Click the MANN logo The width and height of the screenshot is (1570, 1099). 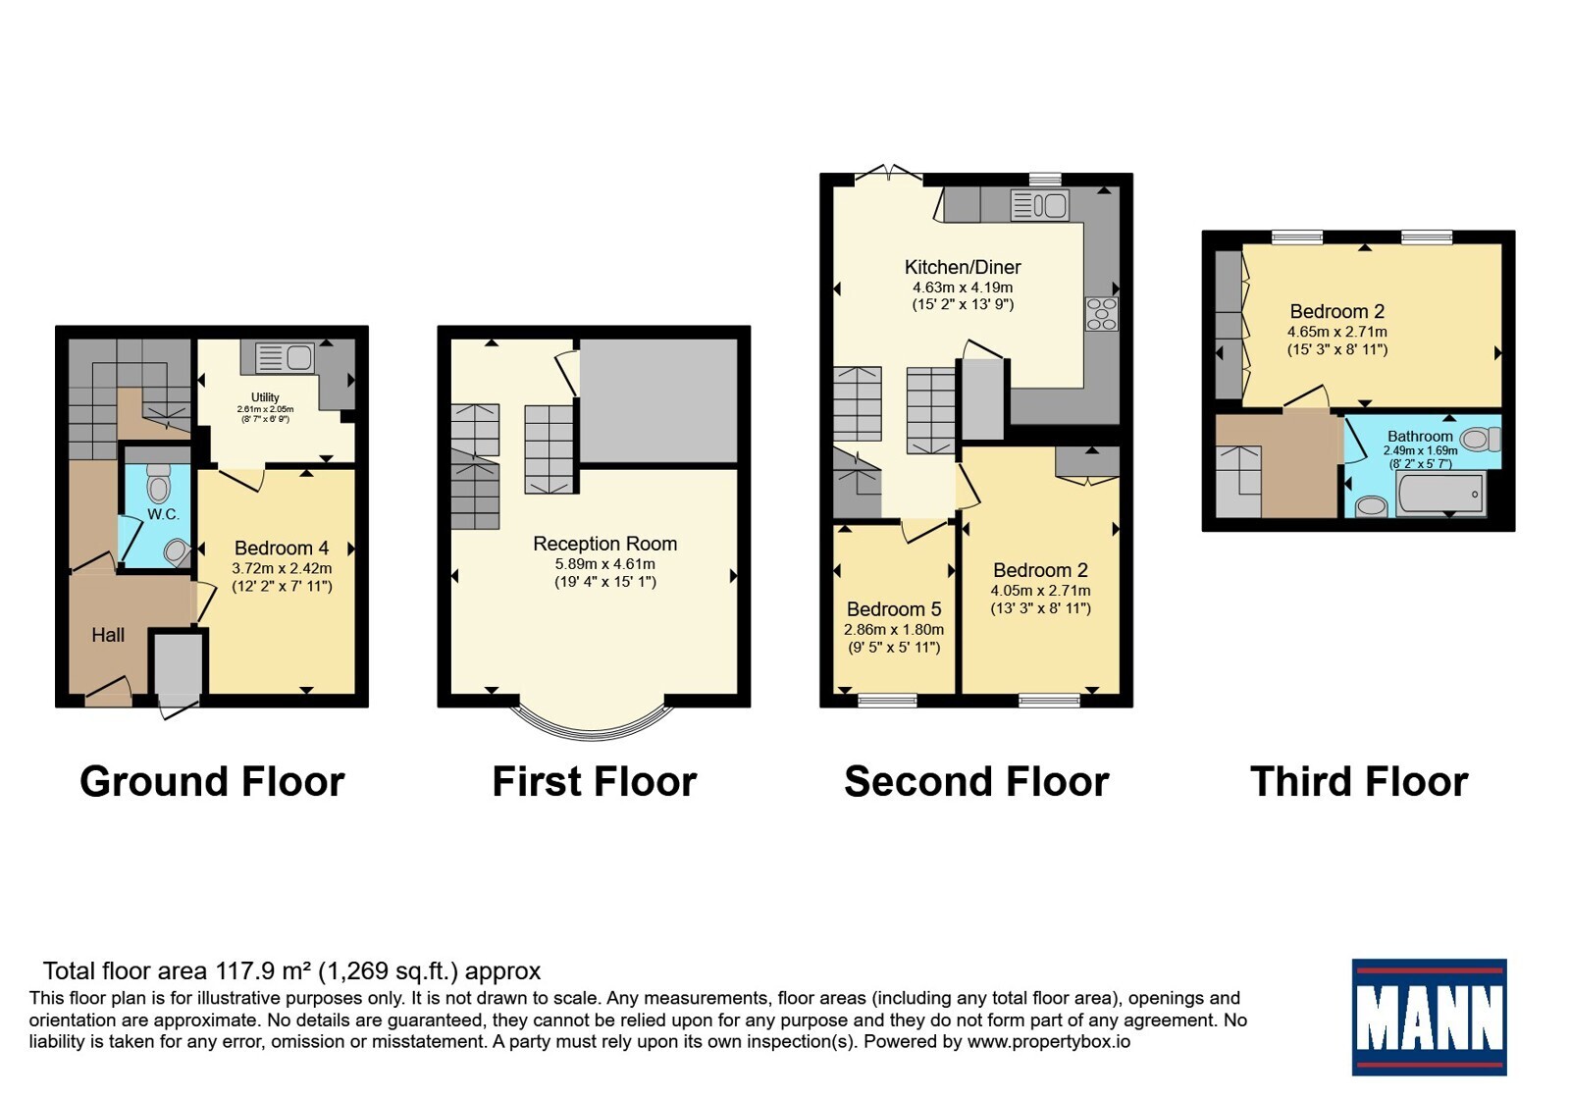1429,1017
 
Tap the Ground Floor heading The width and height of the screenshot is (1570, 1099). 212,781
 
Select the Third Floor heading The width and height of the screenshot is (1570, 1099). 1359,781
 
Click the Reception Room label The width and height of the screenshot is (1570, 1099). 604,544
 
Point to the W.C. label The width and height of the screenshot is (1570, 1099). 163,514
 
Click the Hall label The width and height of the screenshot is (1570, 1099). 108,635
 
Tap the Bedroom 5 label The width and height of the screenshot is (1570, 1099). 894,609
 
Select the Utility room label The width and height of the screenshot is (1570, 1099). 265,396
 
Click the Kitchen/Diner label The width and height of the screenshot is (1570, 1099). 963,267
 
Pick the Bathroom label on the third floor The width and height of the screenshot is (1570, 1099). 1420,436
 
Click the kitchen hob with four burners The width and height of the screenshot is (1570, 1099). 1101,313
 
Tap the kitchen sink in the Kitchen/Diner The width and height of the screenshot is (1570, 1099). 1040,205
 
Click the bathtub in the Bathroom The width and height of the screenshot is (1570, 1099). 1440,494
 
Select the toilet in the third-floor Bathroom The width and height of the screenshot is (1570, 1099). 1481,440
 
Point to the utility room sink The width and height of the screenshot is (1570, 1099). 284,357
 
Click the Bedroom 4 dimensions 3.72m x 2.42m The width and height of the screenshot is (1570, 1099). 282,568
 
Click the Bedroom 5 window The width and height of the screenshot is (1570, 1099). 887,700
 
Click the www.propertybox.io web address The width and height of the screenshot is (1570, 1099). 1049,1041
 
